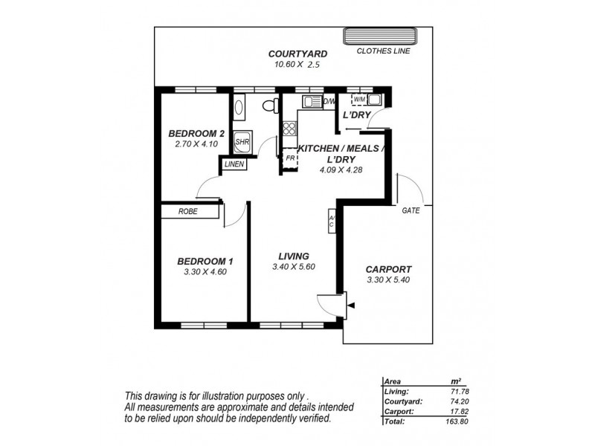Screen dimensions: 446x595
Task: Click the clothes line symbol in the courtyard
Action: [x=379, y=36]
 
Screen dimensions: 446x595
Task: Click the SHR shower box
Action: [x=242, y=140]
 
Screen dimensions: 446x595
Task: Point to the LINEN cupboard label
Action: [x=234, y=165]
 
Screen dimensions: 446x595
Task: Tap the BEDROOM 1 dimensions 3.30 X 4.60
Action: [x=205, y=272]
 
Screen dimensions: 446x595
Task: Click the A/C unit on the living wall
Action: [x=332, y=220]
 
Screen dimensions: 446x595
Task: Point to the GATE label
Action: [x=411, y=211]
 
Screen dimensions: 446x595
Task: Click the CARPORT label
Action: [x=388, y=269]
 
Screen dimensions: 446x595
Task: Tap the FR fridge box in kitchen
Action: [x=289, y=158]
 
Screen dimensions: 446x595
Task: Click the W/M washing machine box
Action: [x=359, y=100]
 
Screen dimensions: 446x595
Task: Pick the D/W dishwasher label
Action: [x=329, y=101]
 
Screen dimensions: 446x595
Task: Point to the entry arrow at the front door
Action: [x=352, y=305]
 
